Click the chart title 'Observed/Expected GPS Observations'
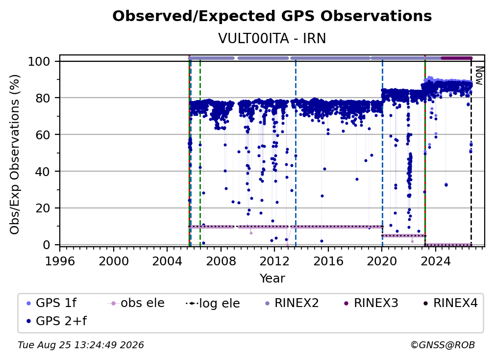pyautogui.click(x=272, y=16)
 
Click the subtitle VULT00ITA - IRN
pyautogui.click(x=272, y=38)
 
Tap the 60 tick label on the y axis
pyautogui.click(x=43, y=134)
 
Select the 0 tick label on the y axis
pyautogui.click(x=47, y=245)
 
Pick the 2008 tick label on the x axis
pyautogui.click(x=221, y=261)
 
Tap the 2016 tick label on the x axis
pyautogui.click(x=328, y=261)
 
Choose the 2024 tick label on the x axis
pyautogui.click(x=435, y=261)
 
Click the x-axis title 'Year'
pyautogui.click(x=272, y=279)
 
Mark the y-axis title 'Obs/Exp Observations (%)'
pyautogui.click(x=15, y=154)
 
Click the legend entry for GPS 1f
pyautogui.click(x=51, y=303)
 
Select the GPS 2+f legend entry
pyautogui.click(x=56, y=321)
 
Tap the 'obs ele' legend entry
pyautogui.click(x=136, y=303)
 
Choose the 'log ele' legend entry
pyautogui.click(x=213, y=303)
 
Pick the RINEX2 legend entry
pyautogui.click(x=292, y=303)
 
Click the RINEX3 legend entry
pyautogui.click(x=371, y=303)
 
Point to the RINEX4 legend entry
pyautogui.click(x=450, y=303)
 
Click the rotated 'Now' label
pyautogui.click(x=478, y=76)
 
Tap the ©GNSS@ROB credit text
pyautogui.click(x=443, y=345)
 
